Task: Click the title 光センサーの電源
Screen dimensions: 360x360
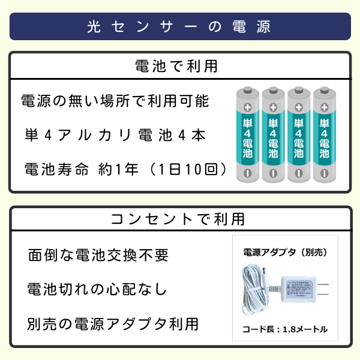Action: click(179, 27)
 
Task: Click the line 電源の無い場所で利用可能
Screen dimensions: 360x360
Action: click(115, 101)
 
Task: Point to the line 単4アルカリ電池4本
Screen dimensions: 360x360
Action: click(115, 135)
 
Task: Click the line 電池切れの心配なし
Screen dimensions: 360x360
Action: click(97, 290)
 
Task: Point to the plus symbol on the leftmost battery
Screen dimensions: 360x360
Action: click(247, 107)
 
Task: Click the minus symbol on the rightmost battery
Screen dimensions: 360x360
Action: click(325, 173)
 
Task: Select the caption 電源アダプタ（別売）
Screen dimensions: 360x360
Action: click(285, 253)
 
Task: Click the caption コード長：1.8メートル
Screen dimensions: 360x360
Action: click(285, 329)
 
